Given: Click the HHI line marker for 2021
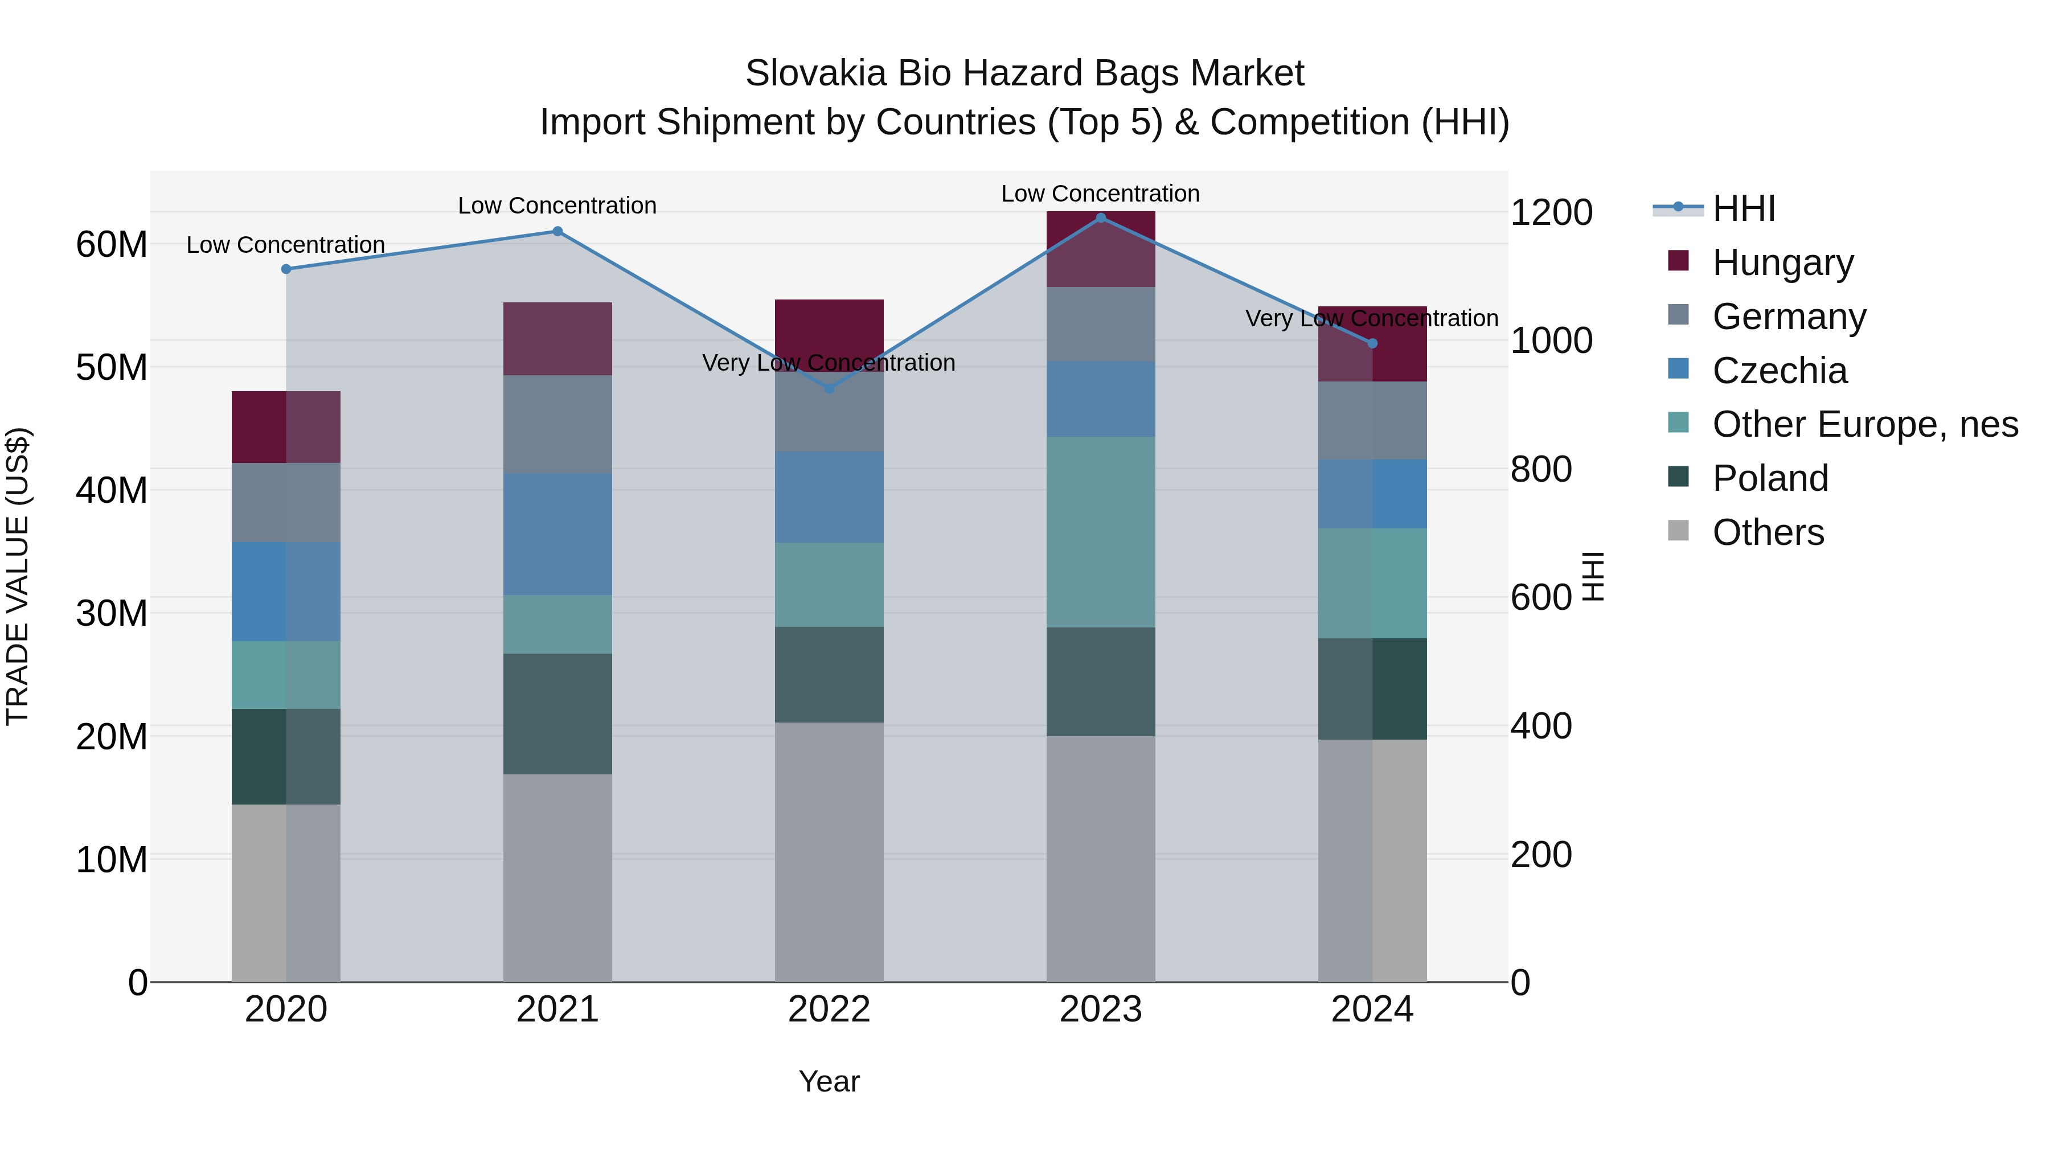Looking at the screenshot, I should click(557, 232).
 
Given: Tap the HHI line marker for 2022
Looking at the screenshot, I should click(829, 388).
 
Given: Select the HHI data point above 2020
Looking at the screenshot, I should click(286, 269).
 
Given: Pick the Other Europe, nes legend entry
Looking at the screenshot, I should click(1864, 424).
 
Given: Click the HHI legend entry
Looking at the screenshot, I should click(1743, 208).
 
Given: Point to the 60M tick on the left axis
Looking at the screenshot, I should click(112, 244).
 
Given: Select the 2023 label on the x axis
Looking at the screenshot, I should click(1101, 1010).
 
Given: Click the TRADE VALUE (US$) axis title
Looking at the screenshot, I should click(18, 576).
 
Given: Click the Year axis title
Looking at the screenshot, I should click(829, 1081).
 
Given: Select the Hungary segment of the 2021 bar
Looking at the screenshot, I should click(557, 339).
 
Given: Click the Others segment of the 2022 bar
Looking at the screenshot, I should click(829, 851).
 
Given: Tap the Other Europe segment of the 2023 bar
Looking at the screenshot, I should click(1101, 532).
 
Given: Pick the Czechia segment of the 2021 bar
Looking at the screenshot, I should click(557, 534).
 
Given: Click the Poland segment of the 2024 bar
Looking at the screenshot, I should click(1372, 688).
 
